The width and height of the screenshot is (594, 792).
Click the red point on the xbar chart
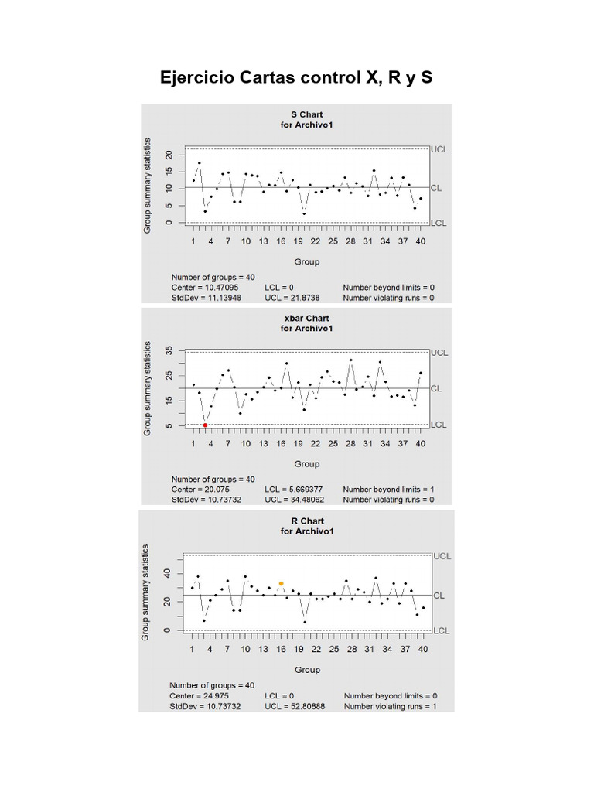[205, 425]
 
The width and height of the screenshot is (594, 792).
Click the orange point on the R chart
[281, 583]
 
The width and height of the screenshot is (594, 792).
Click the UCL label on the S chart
[440, 149]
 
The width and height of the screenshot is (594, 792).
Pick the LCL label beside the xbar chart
[439, 425]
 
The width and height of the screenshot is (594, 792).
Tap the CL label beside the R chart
[438, 596]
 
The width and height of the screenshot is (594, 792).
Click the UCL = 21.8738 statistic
[294, 298]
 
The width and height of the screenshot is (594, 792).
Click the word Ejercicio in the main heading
[197, 78]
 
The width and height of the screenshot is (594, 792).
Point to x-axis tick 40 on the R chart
[423, 649]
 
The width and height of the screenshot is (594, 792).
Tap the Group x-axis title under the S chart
[307, 261]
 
